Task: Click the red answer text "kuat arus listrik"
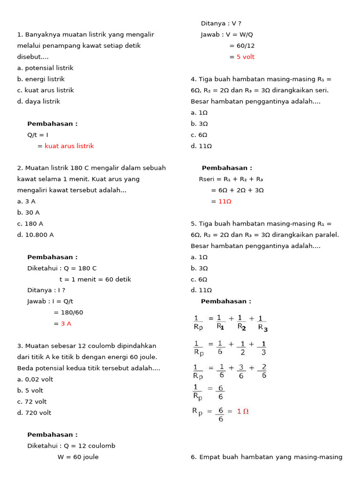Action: click(x=69, y=146)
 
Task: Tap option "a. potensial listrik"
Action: click(x=45, y=68)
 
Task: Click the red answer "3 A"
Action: click(x=66, y=323)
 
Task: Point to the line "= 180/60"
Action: click(x=68, y=312)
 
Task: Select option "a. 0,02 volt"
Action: click(x=35, y=379)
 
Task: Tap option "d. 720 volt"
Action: click(x=34, y=412)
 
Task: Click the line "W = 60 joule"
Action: click(x=78, y=457)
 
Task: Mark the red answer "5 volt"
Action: click(x=246, y=57)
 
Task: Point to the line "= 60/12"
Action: click(x=242, y=45)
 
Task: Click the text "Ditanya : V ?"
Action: click(x=221, y=23)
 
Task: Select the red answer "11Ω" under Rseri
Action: click(x=225, y=201)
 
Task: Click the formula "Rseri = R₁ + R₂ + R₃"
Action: click(x=231, y=179)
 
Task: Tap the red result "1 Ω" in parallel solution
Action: click(x=243, y=411)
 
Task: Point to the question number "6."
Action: click(x=194, y=457)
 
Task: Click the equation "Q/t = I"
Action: click(x=38, y=135)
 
